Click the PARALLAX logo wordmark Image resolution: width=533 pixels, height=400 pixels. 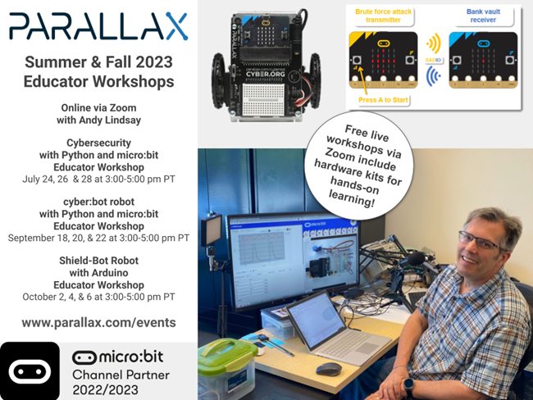pos(98,26)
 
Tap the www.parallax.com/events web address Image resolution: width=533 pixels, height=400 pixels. pos(98,322)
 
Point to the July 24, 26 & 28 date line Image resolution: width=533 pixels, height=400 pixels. pos(98,179)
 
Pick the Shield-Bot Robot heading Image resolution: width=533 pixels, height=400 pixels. pos(98,260)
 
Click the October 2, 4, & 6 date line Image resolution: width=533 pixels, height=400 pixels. pos(98,297)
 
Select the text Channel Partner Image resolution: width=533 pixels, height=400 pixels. pos(121,375)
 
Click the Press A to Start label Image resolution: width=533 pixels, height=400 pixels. pos(385,99)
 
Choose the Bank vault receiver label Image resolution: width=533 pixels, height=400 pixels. pos(483,19)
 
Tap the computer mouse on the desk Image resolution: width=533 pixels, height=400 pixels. pos(328,368)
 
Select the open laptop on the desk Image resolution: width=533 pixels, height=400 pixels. pos(324,328)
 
